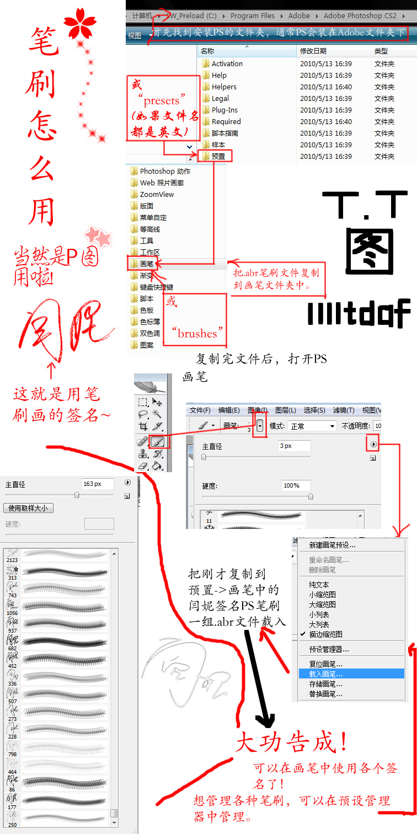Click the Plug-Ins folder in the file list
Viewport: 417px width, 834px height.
tap(224, 110)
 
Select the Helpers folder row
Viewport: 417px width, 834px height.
tap(224, 87)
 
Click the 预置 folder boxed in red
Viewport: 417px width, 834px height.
tap(218, 156)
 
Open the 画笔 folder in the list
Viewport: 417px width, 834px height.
tap(146, 264)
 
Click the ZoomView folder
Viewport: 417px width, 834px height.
tap(157, 194)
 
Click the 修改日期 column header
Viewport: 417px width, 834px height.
tap(313, 51)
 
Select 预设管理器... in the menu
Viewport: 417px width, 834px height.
tap(329, 649)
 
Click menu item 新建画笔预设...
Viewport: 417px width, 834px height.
tap(332, 545)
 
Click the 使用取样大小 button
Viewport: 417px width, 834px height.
tap(28, 508)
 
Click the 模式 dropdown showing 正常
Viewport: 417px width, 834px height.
tap(312, 426)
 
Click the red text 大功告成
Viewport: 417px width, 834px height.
tap(292, 742)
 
